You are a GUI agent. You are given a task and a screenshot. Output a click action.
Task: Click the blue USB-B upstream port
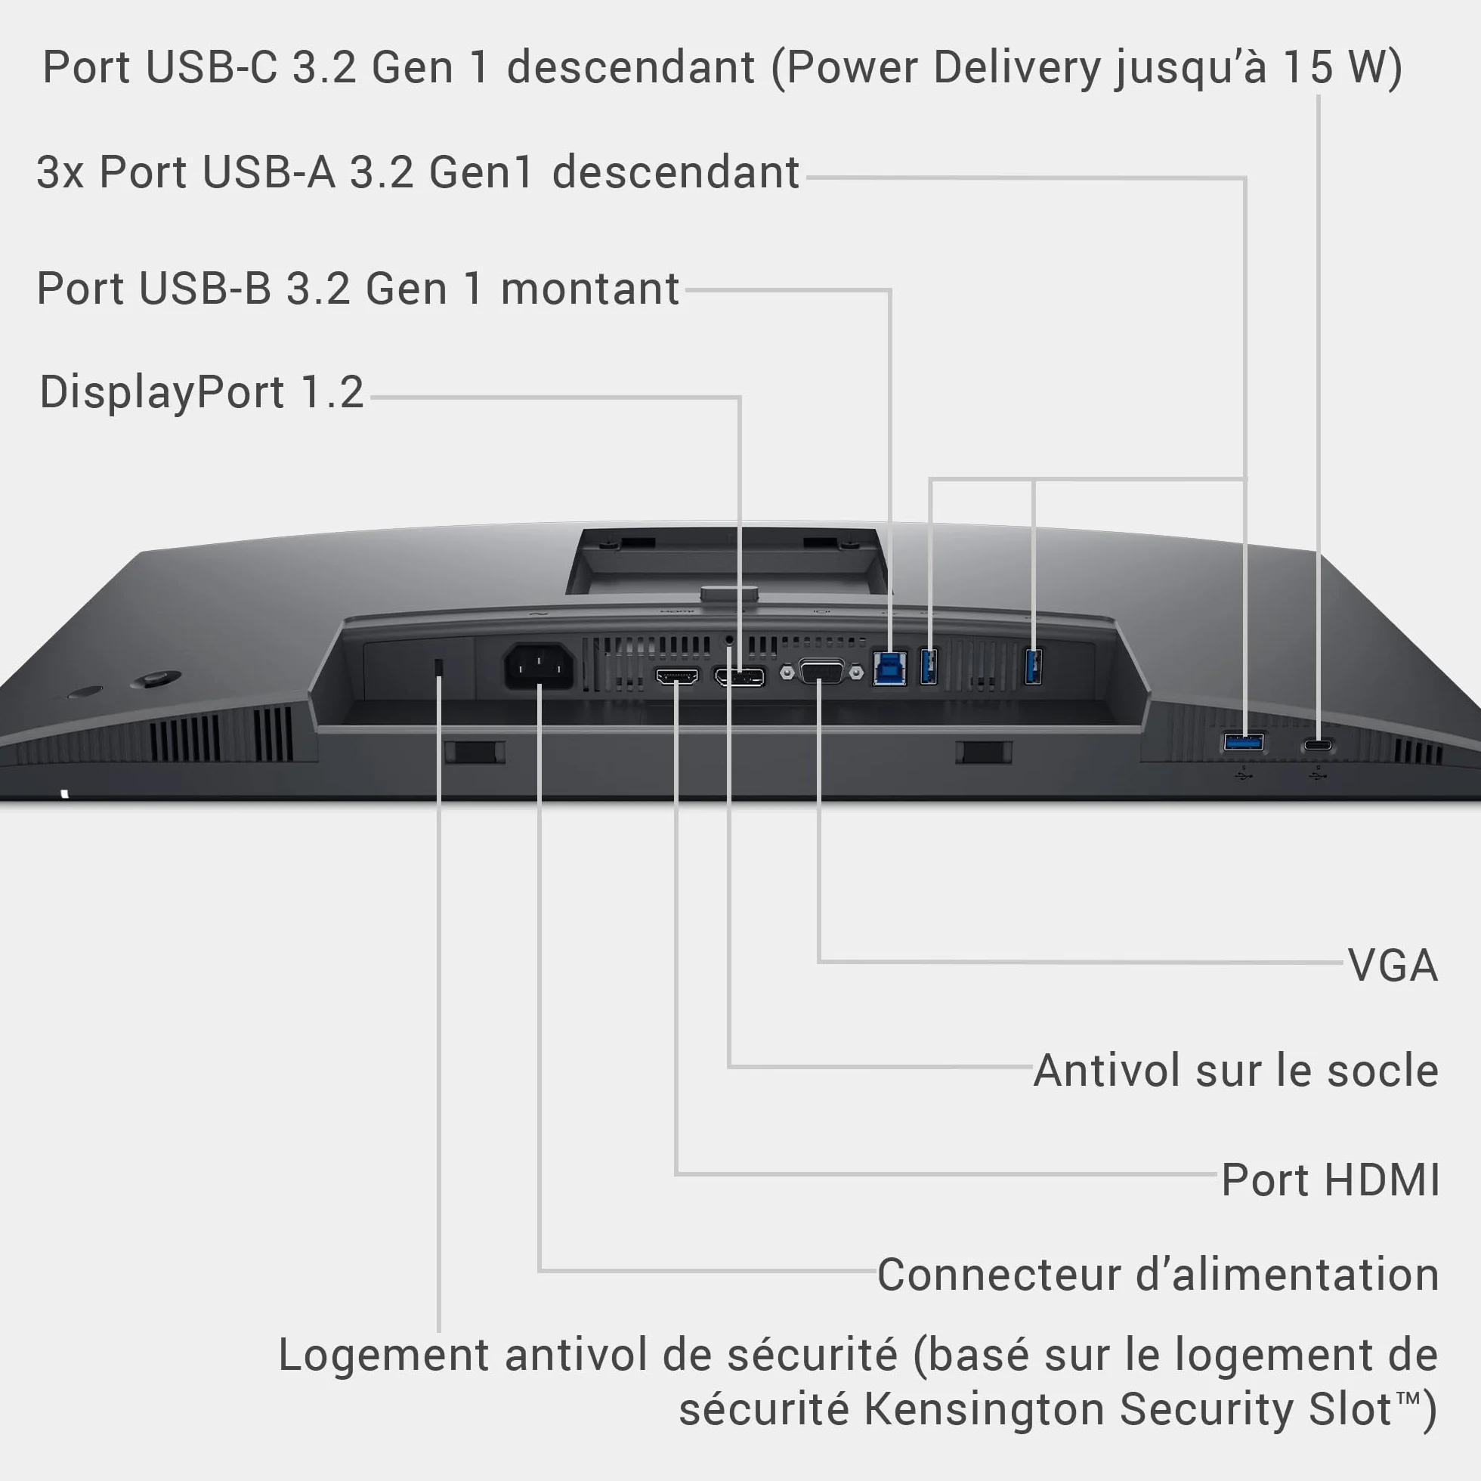[889, 668]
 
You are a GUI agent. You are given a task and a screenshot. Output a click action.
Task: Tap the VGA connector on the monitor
[821, 672]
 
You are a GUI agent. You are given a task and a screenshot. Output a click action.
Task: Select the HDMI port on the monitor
[677, 676]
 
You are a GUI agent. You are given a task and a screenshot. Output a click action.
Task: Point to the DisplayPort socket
[739, 677]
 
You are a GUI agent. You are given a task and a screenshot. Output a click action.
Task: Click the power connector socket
[539, 666]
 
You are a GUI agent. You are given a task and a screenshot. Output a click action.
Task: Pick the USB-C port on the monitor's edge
[1318, 744]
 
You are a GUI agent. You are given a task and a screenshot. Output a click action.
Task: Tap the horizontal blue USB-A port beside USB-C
[1244, 741]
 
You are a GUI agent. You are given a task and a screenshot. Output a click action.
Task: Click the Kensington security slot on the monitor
[438, 666]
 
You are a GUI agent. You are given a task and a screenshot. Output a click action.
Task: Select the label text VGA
[1393, 964]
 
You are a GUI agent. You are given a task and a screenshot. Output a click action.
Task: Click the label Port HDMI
[1330, 1179]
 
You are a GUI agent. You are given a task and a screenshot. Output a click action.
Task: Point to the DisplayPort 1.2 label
[202, 392]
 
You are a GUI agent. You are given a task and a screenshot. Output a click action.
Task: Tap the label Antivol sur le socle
[1235, 1070]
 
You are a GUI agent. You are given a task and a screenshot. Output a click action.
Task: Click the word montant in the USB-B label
[589, 289]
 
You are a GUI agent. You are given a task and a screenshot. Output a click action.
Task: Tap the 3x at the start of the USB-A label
[60, 172]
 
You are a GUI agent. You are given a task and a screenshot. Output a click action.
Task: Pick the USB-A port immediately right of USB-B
[929, 666]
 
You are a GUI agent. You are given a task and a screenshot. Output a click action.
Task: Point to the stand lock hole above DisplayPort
[729, 638]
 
